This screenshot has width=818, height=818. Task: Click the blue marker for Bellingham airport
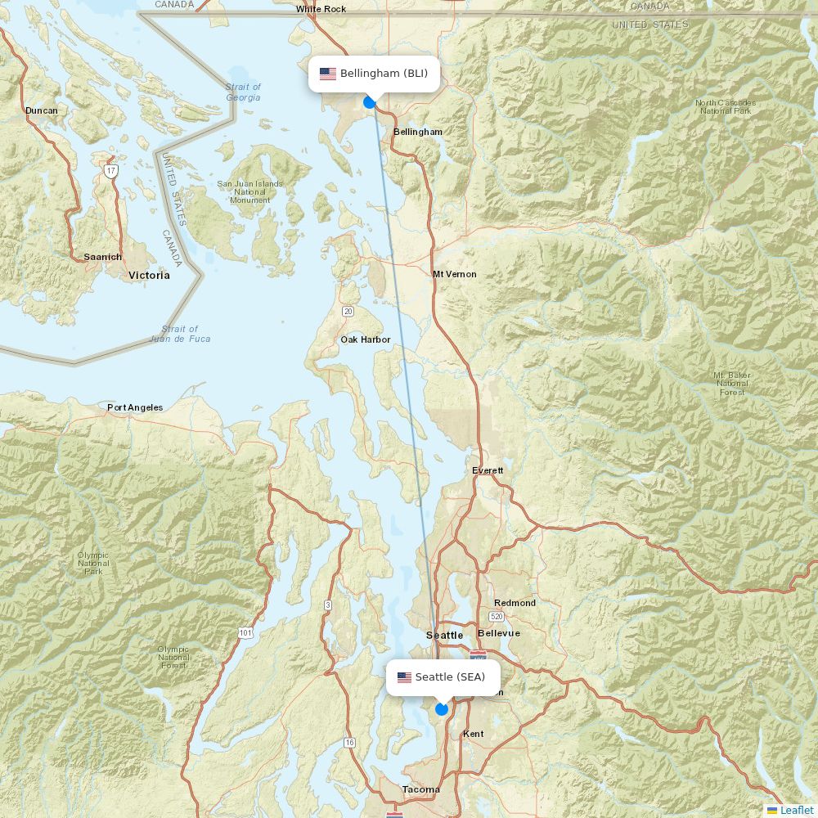pyautogui.click(x=370, y=102)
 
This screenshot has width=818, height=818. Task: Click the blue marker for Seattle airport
pyautogui.click(x=442, y=709)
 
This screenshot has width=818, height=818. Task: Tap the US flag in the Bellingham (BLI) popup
pyautogui.click(x=328, y=74)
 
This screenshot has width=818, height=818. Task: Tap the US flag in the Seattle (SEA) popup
pyautogui.click(x=404, y=677)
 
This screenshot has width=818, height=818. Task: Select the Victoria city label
pyautogui.click(x=149, y=276)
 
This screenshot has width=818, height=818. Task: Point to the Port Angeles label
pyautogui.click(x=135, y=407)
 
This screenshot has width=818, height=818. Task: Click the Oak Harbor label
pyautogui.click(x=366, y=339)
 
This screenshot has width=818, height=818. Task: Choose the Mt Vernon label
pyautogui.click(x=454, y=274)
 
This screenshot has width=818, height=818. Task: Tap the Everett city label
pyautogui.click(x=488, y=470)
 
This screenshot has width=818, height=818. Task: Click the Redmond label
pyautogui.click(x=515, y=603)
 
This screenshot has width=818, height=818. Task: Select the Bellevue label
pyautogui.click(x=498, y=633)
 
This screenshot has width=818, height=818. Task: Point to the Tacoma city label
pyautogui.click(x=420, y=789)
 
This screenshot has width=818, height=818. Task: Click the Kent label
pyautogui.click(x=473, y=734)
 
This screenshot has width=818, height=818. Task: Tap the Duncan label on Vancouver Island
pyautogui.click(x=42, y=110)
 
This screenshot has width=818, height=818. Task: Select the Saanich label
pyautogui.click(x=103, y=257)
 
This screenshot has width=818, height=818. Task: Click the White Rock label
pyautogui.click(x=321, y=9)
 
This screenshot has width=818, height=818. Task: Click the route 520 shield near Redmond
pyautogui.click(x=497, y=616)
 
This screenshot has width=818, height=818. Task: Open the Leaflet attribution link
pyautogui.click(x=796, y=810)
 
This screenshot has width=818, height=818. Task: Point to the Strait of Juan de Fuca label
pyautogui.click(x=180, y=334)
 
